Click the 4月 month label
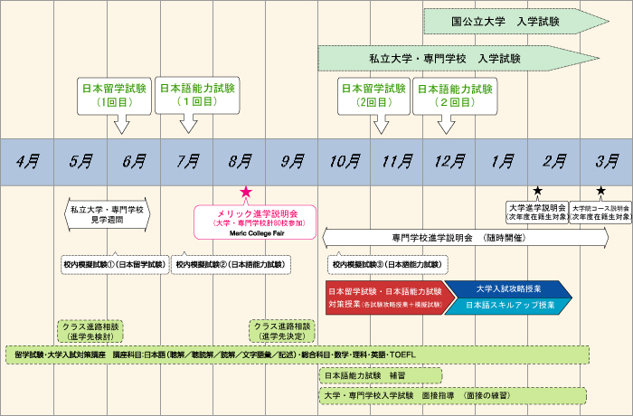pyautogui.click(x=27, y=162)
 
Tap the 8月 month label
pyautogui.click(x=240, y=162)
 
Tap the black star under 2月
pyautogui.click(x=538, y=191)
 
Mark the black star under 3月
pyautogui.click(x=600, y=191)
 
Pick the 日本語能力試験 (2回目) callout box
pyautogui.click(x=453, y=96)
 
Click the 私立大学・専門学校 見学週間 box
pyautogui.click(x=107, y=215)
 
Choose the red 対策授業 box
pyautogui.click(x=383, y=298)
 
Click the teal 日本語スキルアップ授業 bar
pyautogui.click(x=509, y=306)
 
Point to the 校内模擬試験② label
pyautogui.click(x=231, y=264)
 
